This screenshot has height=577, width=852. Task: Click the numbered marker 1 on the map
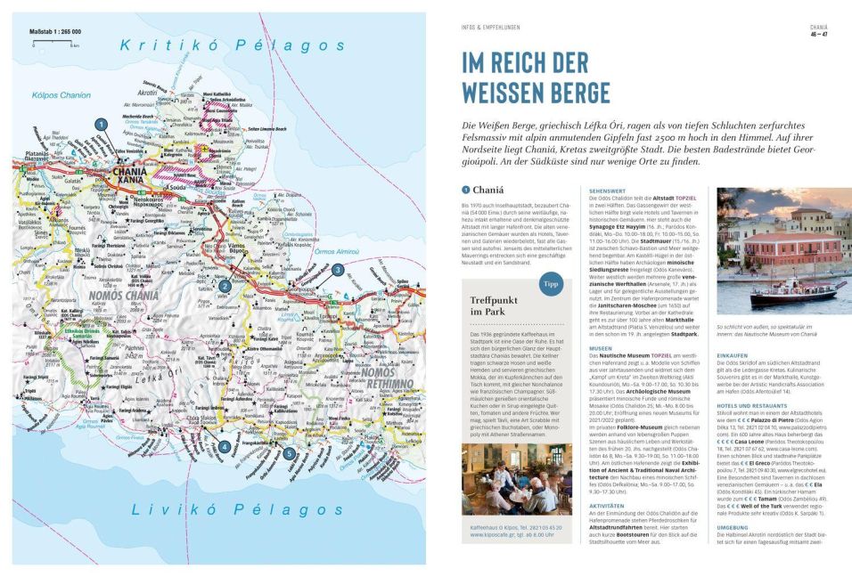(102, 124)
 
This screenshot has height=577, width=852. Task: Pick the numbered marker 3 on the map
(338, 269)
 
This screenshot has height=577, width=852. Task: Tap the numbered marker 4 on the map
(225, 446)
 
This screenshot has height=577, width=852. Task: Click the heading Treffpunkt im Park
(501, 306)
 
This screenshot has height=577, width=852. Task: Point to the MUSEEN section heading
(601, 347)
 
